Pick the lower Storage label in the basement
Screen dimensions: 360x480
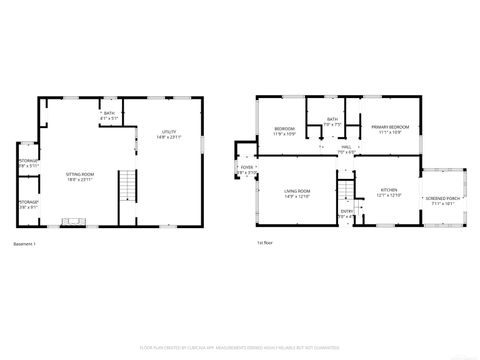[29, 204]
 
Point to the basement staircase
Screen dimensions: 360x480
[126, 187]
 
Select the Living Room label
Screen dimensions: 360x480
[296, 194]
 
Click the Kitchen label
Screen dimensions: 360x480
[388, 192]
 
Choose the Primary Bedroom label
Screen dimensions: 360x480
[390, 130]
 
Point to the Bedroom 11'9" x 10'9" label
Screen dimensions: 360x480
[284, 132]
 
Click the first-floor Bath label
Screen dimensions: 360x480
[332, 123]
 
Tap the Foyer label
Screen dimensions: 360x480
[246, 170]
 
